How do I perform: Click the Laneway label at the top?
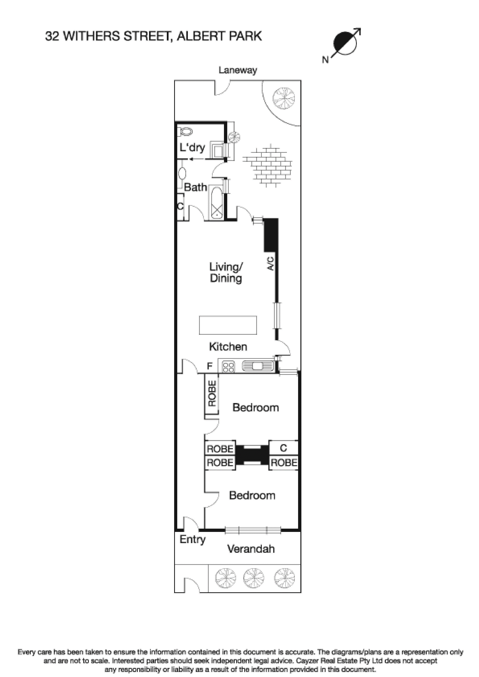pyautogui.click(x=238, y=70)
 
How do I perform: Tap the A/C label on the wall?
pyautogui.click(x=270, y=263)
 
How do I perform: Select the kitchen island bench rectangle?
pyautogui.click(x=228, y=325)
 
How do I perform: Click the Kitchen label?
pyautogui.click(x=228, y=347)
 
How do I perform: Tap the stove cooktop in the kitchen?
pyautogui.click(x=228, y=367)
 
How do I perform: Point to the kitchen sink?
pyautogui.click(x=257, y=366)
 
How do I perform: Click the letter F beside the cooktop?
pyautogui.click(x=209, y=366)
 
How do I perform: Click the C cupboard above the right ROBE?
pyautogui.click(x=283, y=448)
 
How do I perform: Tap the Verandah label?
pyautogui.click(x=251, y=549)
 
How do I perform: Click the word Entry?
pyautogui.click(x=192, y=539)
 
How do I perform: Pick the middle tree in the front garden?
pyautogui.click(x=253, y=578)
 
